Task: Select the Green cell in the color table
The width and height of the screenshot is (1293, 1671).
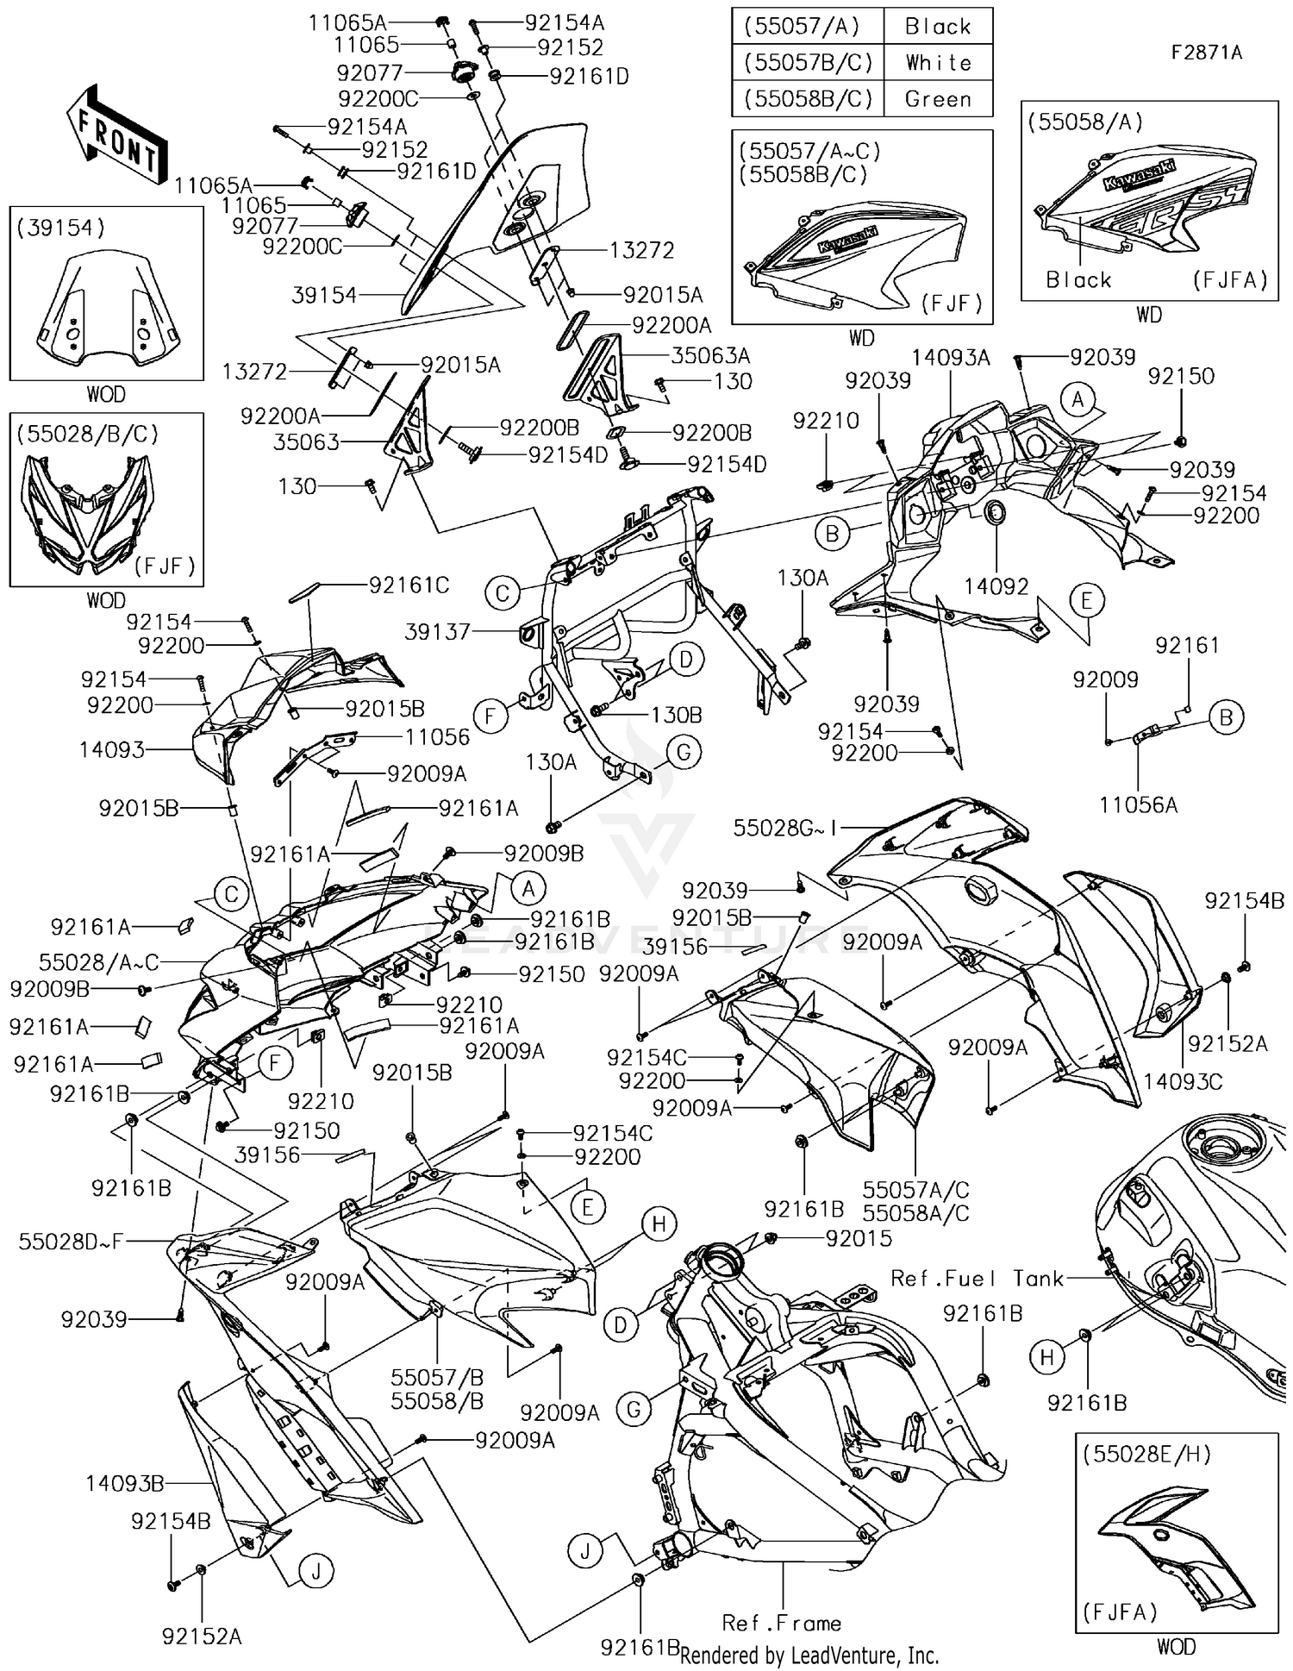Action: (938, 99)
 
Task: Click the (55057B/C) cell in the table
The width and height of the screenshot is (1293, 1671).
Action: (808, 63)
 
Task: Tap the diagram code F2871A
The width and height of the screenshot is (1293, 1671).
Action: (1206, 53)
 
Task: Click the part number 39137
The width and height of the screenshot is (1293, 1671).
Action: (437, 632)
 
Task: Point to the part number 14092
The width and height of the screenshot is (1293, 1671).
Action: (996, 586)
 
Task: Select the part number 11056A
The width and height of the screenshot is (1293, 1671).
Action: (1138, 804)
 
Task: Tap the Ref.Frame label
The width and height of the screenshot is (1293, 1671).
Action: (781, 1623)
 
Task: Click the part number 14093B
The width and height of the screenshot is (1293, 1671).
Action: (125, 1483)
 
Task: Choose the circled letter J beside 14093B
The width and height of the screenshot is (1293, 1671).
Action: (316, 1572)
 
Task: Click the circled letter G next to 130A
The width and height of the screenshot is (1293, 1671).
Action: (684, 752)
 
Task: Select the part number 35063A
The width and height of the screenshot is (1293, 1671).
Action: (711, 355)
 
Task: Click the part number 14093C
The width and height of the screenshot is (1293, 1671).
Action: (1183, 1081)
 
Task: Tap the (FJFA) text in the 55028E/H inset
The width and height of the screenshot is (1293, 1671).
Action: (1120, 1611)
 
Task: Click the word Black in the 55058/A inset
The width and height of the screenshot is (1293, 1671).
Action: (1078, 279)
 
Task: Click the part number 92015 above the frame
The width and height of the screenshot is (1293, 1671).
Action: (859, 1238)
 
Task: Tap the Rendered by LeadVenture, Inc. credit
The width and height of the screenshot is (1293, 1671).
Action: (809, 1655)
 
